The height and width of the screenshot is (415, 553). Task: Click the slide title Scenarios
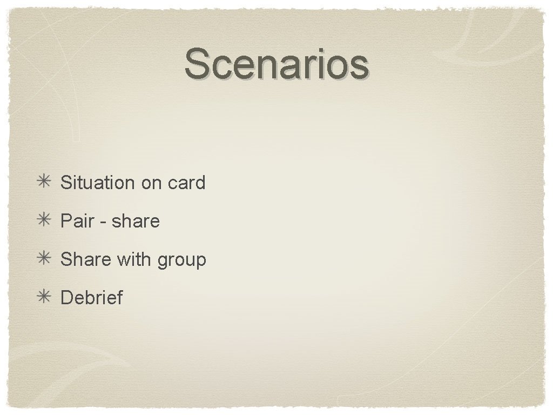click(276, 64)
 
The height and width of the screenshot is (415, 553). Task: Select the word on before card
click(152, 183)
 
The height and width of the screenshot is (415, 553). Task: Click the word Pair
click(77, 221)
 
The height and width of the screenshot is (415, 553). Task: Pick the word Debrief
click(92, 297)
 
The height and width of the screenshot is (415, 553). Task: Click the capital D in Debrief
click(67, 297)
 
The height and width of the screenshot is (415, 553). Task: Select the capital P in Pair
click(66, 221)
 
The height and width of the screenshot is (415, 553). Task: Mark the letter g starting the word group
click(163, 261)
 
